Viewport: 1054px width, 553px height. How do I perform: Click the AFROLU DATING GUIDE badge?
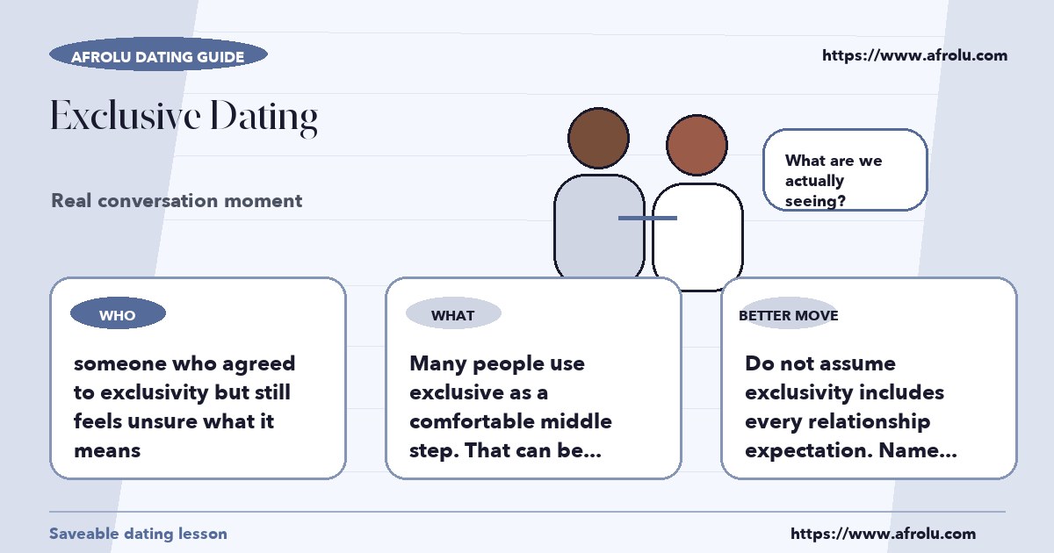coord(158,54)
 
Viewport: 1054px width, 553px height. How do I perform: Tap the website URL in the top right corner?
coord(914,55)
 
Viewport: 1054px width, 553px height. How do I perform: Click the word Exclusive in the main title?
coord(126,115)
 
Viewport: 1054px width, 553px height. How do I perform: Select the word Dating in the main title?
coord(264,118)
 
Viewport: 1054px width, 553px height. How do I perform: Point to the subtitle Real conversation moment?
coord(177,201)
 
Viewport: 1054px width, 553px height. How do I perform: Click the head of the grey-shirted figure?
coord(598,139)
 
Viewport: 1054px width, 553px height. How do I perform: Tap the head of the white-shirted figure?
coord(697,146)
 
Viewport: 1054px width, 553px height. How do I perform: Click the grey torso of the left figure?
coord(599,226)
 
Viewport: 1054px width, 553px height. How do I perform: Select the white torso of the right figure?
coord(697,235)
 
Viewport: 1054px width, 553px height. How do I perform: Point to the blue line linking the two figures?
coord(647,219)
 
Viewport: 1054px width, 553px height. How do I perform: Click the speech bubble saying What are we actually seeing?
coord(845,169)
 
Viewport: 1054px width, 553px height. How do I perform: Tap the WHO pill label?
coord(118,313)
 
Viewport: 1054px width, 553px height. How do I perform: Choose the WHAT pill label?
coord(453,313)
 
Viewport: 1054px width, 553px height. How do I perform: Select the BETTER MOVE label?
coord(789,315)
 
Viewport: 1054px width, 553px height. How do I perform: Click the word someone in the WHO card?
coord(120,363)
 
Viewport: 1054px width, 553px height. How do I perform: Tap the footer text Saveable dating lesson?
coord(139,534)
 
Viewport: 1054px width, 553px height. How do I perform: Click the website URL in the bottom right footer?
coord(884,534)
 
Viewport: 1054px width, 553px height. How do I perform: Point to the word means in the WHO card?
coord(107,451)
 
